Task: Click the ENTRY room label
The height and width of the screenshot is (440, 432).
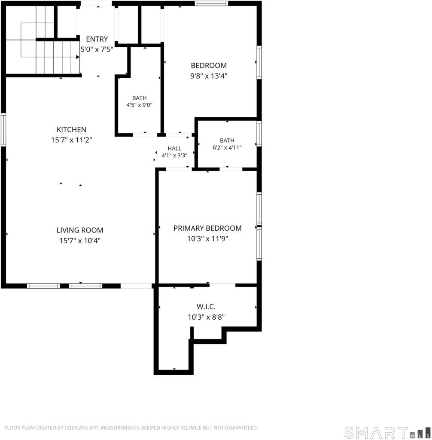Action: coord(97,39)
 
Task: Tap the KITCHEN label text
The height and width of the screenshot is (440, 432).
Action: coord(72,130)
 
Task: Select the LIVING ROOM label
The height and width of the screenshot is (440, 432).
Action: coord(80,230)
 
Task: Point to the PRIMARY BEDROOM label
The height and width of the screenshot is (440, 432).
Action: coord(207,228)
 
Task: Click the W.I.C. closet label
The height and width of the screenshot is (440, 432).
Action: coord(206,306)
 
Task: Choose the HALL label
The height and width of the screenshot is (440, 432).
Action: coord(174,148)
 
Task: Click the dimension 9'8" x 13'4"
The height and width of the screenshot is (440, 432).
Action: coord(209,76)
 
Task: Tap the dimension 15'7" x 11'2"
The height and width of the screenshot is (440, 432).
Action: coord(72,140)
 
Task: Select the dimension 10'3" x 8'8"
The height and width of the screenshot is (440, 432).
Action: coord(206,317)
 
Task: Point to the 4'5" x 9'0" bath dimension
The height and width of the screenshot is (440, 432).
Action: coord(140,105)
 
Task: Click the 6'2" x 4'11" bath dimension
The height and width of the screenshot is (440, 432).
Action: coord(227,147)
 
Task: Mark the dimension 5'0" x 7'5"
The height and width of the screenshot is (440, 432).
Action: coord(97,49)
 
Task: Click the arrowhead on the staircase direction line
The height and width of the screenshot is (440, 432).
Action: coord(78,57)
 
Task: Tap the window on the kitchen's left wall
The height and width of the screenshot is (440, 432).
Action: coord(3,130)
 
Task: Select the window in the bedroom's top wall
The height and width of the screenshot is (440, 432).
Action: coord(211,3)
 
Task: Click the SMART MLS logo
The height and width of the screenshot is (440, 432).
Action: coord(387,432)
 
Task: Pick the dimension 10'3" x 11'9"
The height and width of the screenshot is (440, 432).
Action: coord(207,238)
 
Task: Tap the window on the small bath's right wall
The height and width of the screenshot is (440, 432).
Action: coord(259,134)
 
